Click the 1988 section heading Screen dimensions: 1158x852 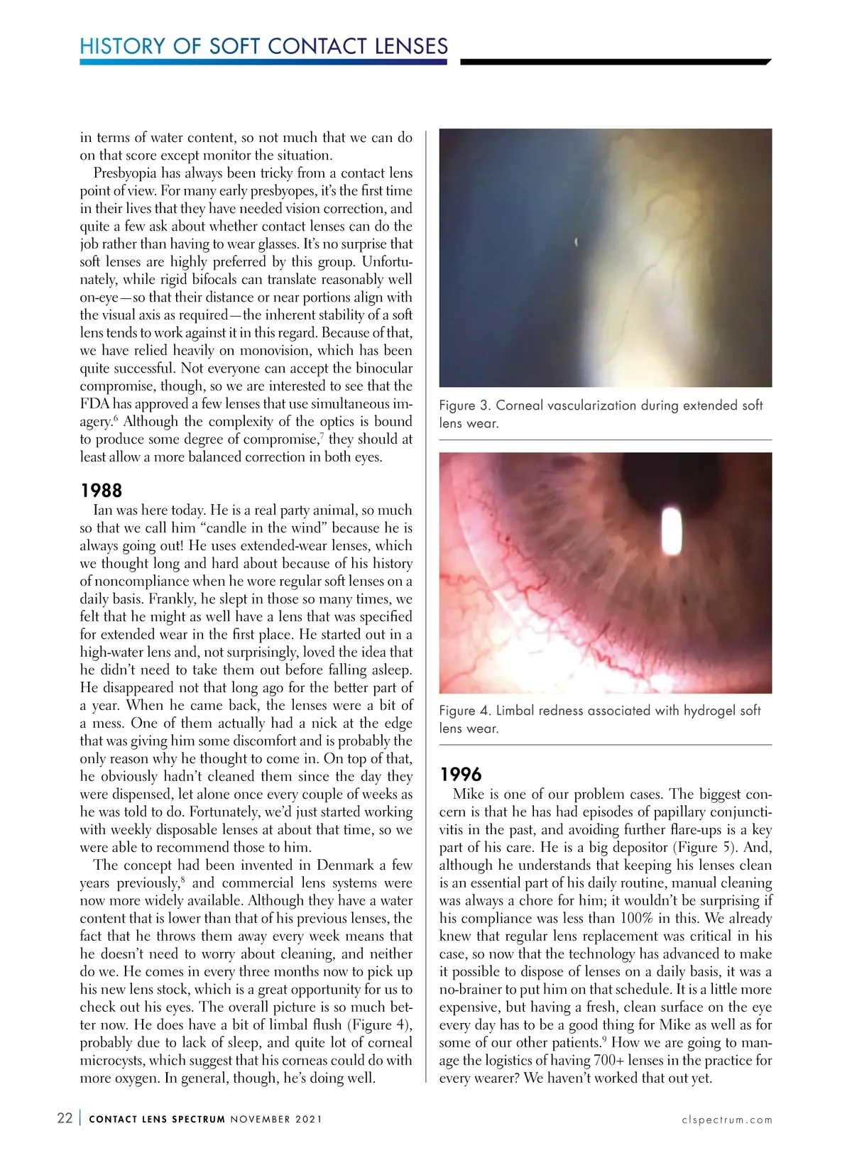pyautogui.click(x=101, y=491)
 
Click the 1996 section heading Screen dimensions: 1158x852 pyautogui.click(x=460, y=775)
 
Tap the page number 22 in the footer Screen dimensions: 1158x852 pyautogui.click(x=65, y=1118)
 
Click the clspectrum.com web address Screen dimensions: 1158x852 pyautogui.click(x=726, y=1120)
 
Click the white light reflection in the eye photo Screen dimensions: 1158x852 pyautogui.click(x=671, y=532)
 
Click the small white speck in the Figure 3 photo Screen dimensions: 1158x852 pyautogui.click(x=576, y=243)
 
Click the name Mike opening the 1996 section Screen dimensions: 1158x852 pyautogui.click(x=469, y=794)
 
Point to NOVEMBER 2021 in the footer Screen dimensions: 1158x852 pyautogui.click(x=276, y=1120)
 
